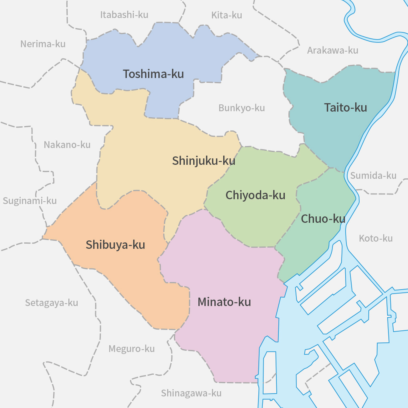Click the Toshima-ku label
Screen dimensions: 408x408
pos(153,74)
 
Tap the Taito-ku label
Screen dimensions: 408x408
pos(345,108)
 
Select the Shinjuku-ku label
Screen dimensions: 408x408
pos(204,161)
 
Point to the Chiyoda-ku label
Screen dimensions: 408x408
pos(255,195)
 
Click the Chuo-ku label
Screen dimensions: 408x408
pos(323,219)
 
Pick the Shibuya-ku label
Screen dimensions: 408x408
pos(115,245)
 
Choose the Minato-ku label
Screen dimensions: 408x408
pos(224,302)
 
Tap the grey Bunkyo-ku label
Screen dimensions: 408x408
pos(242,108)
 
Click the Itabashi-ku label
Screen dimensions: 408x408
pos(124,15)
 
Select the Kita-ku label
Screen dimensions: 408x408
pos(226,16)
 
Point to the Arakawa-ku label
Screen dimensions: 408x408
pos(332,50)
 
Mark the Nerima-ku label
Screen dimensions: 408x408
pos(43,44)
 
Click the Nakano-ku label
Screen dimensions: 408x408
pos(67,145)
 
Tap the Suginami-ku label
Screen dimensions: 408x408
pos(30,201)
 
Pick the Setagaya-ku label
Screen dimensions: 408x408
pos(52,303)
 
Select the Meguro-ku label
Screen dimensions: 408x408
pos(131,349)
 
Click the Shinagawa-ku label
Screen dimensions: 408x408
pos(191,393)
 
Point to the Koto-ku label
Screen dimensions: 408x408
pos(376,238)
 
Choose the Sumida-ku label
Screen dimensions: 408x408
pos(373,176)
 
